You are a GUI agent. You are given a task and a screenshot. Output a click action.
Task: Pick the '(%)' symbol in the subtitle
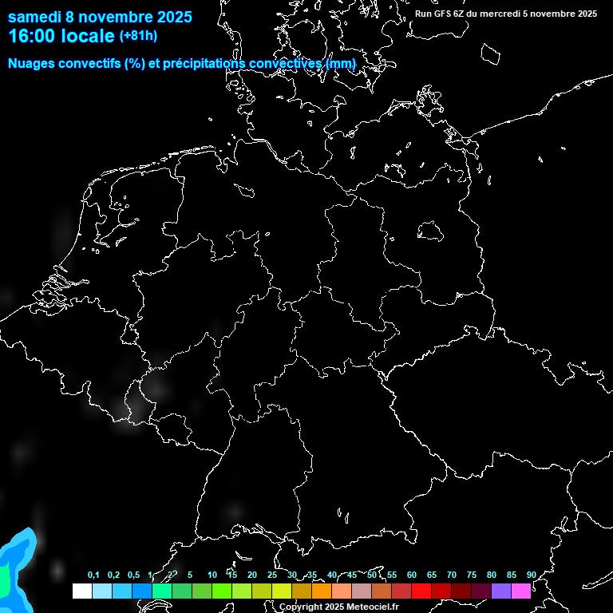(x=135, y=63)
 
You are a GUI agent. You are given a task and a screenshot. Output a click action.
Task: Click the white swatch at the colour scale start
(x=81, y=591)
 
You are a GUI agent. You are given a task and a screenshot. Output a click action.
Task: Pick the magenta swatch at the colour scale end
(x=521, y=591)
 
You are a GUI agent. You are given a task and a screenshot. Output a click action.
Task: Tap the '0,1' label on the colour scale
(x=93, y=575)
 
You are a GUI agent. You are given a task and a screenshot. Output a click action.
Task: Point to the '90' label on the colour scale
(x=531, y=575)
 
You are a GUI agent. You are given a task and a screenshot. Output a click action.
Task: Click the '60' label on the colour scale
(x=411, y=575)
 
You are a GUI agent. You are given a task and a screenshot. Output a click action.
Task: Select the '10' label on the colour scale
(x=212, y=575)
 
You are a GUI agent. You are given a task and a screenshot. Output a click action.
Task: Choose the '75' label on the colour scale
(x=471, y=575)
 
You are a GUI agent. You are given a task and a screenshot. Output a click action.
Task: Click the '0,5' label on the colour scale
(x=133, y=575)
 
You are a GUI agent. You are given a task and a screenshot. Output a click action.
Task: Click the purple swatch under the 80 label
(x=501, y=591)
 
